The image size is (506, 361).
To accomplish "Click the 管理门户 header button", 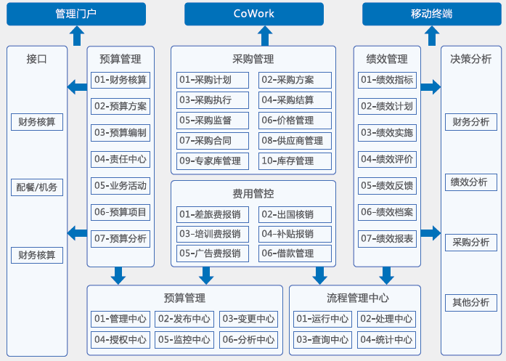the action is tap(76, 14).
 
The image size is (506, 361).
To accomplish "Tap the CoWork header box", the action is tap(254, 14).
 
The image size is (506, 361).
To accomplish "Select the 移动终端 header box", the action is tap(432, 14).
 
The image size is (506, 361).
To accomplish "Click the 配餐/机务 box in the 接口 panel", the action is tap(37, 187).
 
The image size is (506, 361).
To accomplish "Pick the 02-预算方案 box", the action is tap(121, 106).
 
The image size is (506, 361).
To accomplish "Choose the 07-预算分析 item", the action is tap(121, 239).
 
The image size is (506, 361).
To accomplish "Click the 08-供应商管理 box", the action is tap(295, 141).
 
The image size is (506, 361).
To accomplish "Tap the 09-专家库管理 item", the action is tap(213, 161).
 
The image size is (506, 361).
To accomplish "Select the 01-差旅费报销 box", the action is tap(213, 214).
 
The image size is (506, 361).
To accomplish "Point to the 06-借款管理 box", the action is tap(295, 253).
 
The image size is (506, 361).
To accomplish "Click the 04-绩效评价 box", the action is tap(387, 159).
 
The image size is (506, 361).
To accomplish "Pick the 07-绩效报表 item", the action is tap(387, 239).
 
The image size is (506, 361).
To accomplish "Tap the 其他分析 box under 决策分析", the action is tap(471, 303).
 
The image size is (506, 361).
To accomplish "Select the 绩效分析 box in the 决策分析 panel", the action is tap(471, 182).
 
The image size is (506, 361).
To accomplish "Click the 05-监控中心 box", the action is tap(184, 340).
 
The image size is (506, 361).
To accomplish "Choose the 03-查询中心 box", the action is tap(322, 340).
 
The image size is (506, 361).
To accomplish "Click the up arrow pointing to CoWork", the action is tap(265, 36).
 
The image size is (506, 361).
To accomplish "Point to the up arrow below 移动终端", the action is tap(432, 36).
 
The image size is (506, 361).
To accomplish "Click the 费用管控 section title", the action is tap(253, 194).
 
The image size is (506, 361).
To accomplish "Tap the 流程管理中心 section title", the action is tap(358, 298).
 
